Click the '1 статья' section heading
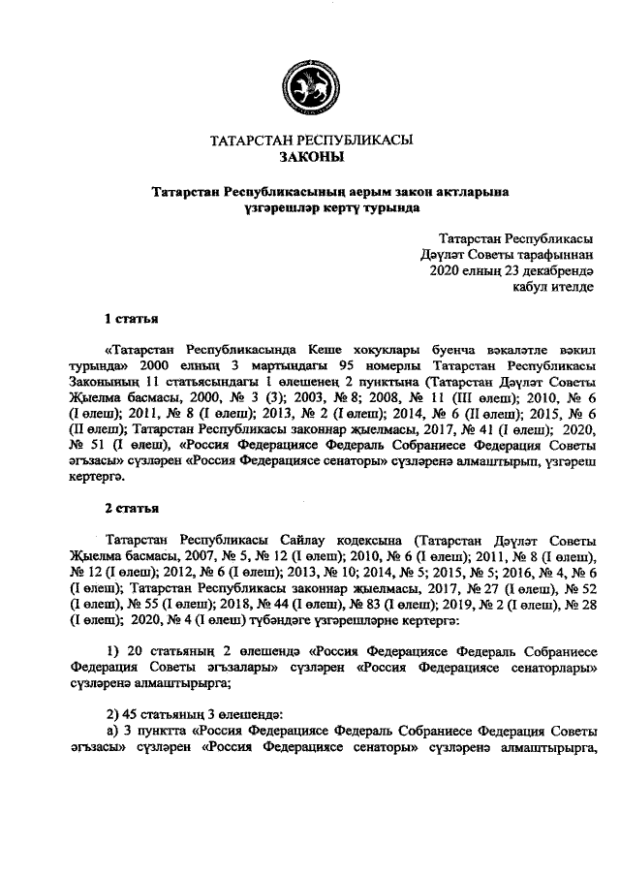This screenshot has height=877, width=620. point(131,318)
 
